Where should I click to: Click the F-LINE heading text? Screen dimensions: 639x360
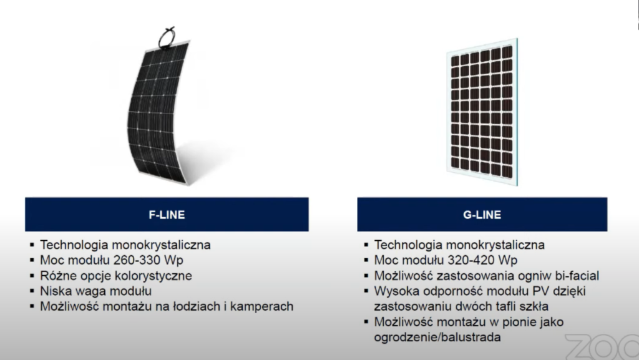167,215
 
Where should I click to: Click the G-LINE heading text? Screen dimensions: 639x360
482,215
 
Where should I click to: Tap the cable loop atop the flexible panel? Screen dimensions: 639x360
167,38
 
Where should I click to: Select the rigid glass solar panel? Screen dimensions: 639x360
482,112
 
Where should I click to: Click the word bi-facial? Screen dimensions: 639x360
577,276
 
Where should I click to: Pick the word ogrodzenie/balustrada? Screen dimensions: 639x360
437,337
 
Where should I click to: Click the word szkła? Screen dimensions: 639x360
534,306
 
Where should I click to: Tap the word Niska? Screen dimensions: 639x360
55,291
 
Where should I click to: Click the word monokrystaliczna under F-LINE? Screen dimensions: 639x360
161,245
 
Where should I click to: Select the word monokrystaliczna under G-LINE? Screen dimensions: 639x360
495,245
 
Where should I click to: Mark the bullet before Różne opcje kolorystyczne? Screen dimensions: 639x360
32,276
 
